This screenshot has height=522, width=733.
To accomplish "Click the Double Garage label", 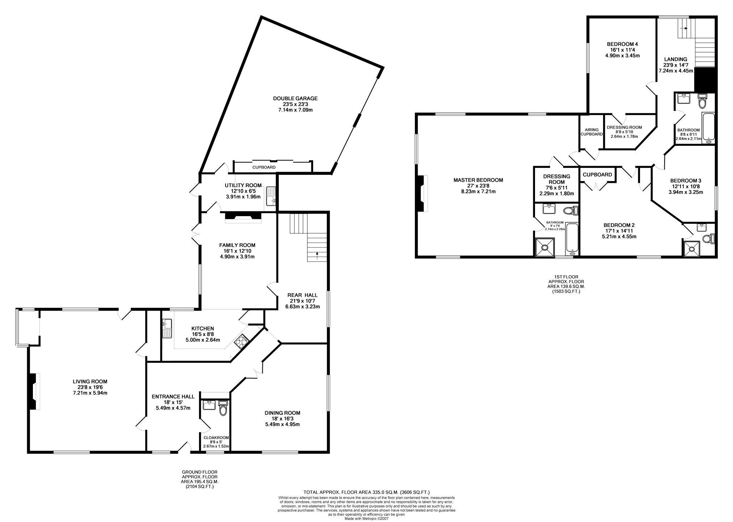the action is click(295, 98).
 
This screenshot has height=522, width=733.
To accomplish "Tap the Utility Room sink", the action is click(271, 196).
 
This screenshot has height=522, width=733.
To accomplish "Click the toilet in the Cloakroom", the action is click(223, 408).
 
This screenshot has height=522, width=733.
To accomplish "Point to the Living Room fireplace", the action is click(33, 391).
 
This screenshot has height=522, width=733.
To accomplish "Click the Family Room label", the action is click(237, 245).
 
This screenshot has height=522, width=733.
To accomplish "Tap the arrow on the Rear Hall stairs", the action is click(317, 255).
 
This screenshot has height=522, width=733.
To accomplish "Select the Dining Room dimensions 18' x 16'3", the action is click(282, 418).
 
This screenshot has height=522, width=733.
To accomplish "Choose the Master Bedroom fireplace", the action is click(422, 193).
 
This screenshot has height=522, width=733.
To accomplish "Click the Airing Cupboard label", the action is click(592, 132).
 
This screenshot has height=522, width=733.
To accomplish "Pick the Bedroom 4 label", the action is click(622, 44).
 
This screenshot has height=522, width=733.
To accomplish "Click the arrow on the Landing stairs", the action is click(684, 28).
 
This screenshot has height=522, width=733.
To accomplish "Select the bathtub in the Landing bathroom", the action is click(708, 129).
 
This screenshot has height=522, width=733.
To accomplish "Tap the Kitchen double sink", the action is click(167, 328).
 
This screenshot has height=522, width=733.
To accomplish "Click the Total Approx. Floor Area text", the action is click(366, 492).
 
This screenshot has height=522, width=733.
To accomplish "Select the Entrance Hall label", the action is click(173, 396).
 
